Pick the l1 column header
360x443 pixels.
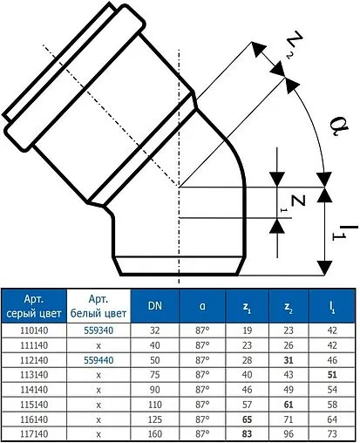(331, 306)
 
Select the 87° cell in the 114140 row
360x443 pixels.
(201, 388)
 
